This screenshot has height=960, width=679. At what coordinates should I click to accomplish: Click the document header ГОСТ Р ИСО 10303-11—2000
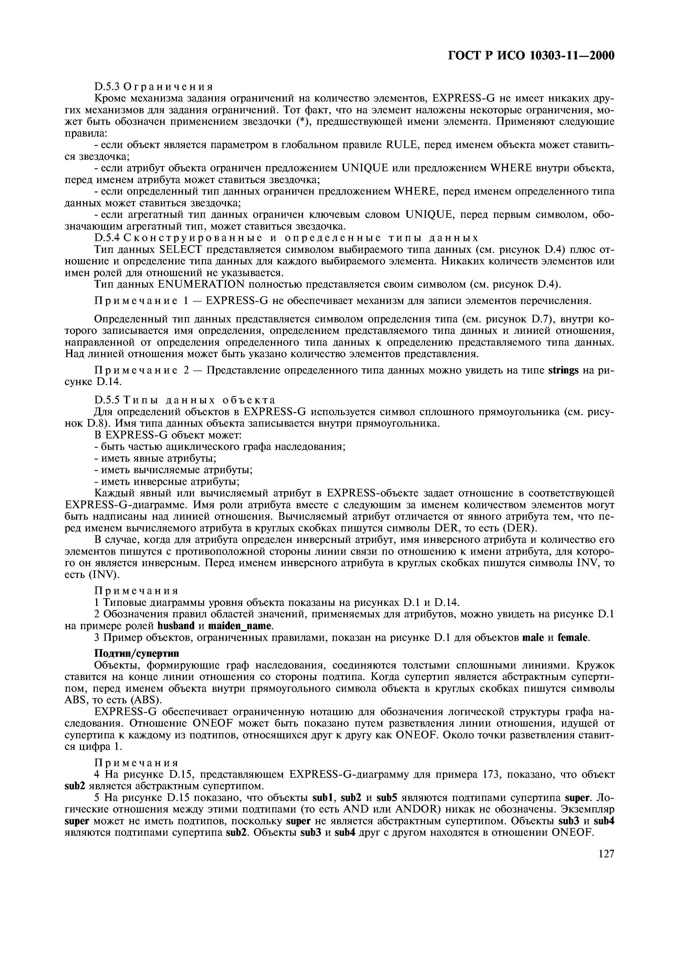point(531,55)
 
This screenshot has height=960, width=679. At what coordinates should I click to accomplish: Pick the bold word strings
point(563,371)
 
